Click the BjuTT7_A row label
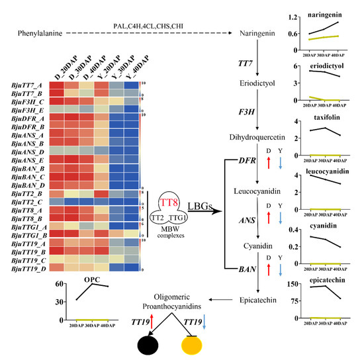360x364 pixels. pyautogui.click(x=26, y=85)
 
